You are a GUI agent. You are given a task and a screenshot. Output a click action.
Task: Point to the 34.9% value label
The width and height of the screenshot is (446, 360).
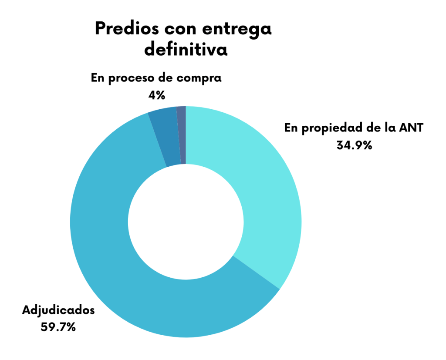pyautogui.click(x=354, y=145)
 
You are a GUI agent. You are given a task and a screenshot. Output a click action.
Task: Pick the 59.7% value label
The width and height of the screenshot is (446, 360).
pyautogui.click(x=58, y=326)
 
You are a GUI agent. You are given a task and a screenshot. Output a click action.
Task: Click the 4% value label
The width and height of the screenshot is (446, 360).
pyautogui.click(x=156, y=94)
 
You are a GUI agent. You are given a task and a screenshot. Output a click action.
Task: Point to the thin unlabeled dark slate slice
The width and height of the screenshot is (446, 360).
pyautogui.click(x=182, y=135)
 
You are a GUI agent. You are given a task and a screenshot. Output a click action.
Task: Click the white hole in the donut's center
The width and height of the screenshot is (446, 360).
pyautogui.click(x=186, y=222)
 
